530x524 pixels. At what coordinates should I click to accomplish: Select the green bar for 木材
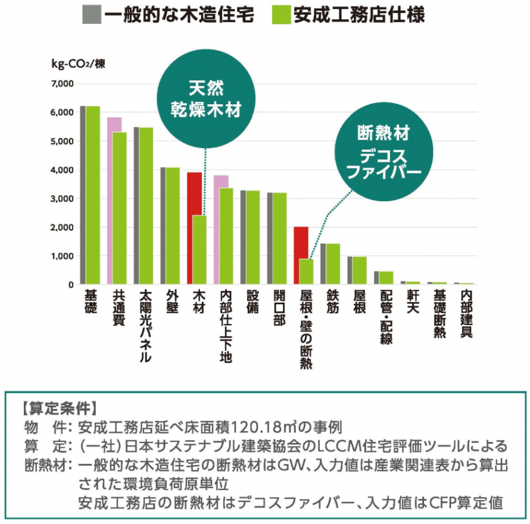click(199, 250)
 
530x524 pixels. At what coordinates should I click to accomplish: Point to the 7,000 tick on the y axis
click(63, 84)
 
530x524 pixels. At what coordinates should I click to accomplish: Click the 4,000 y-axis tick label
click(63, 170)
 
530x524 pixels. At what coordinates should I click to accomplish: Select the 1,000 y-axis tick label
click(63, 256)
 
